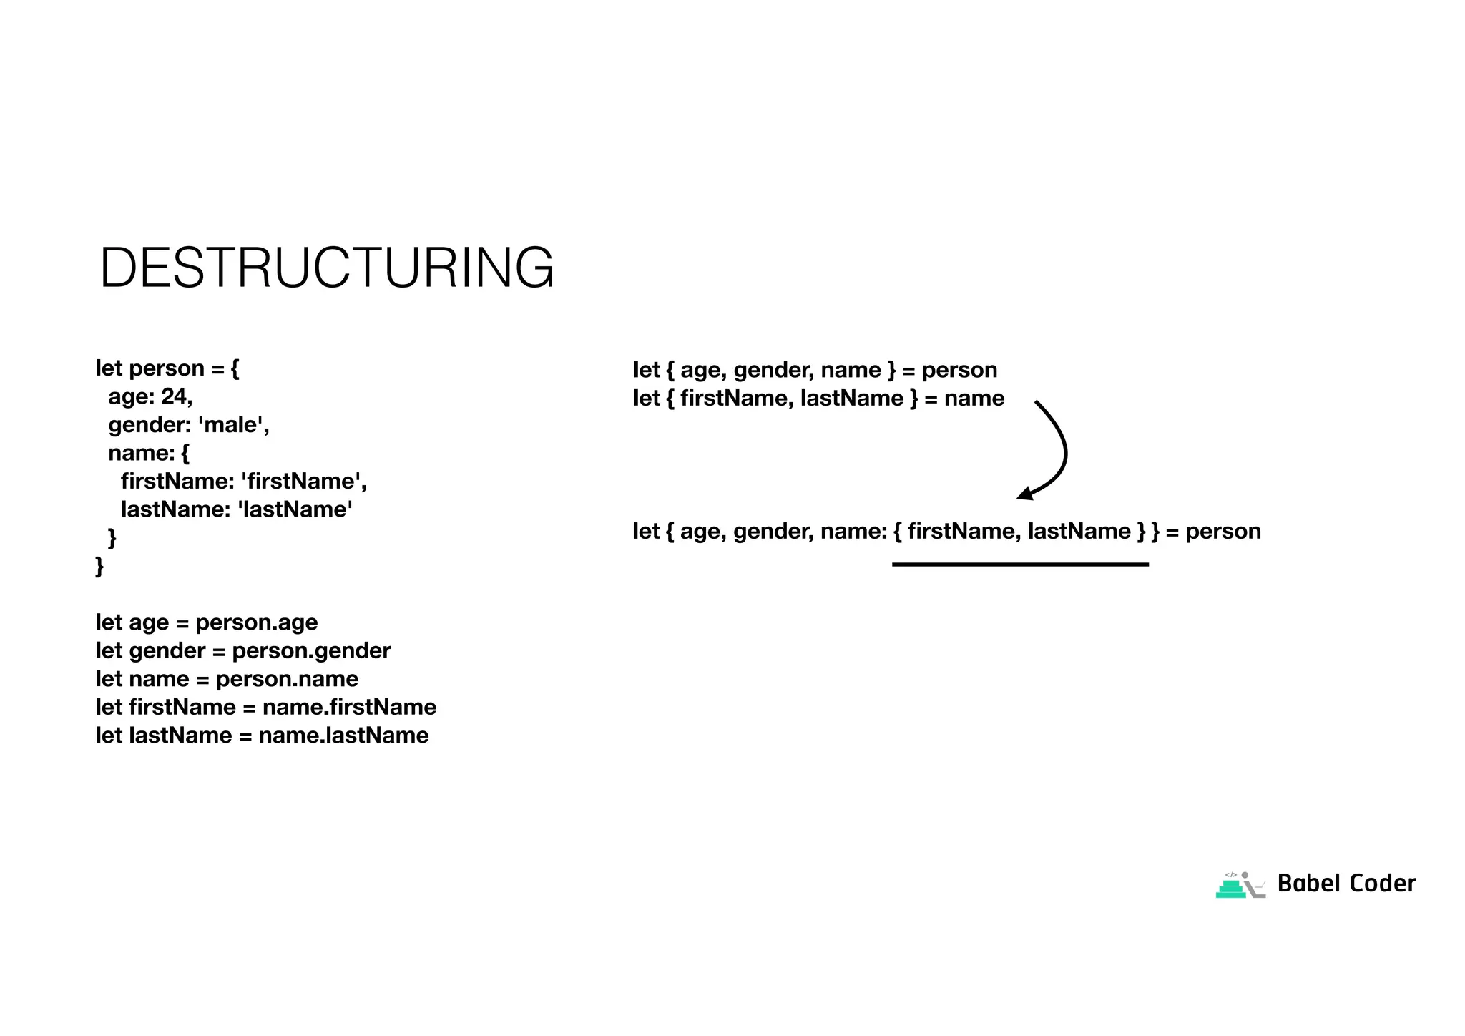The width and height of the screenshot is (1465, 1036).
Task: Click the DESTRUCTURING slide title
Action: click(327, 268)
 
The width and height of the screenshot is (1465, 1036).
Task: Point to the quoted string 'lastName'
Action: click(295, 509)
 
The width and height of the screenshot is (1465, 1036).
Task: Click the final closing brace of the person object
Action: click(99, 566)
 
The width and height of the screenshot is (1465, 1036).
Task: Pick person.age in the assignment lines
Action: click(257, 622)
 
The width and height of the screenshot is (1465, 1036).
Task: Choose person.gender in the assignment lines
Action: click(311, 651)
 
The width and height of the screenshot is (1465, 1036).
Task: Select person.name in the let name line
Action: click(287, 679)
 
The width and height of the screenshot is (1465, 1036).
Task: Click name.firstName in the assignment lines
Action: click(349, 708)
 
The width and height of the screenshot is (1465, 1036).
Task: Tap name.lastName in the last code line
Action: click(343, 736)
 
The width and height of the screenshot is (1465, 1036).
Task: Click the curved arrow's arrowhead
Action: click(1024, 494)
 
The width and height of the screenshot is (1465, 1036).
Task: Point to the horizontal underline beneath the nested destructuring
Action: click(1020, 565)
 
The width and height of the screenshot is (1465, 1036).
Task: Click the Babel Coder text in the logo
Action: click(1346, 884)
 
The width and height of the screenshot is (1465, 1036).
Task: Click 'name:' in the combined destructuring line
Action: click(853, 532)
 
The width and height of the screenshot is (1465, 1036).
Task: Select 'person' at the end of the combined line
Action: click(1223, 532)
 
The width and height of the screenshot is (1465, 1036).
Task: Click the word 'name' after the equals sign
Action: click(974, 399)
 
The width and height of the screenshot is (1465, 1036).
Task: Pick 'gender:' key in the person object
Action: click(150, 425)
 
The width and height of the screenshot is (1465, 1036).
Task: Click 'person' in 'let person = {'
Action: click(167, 368)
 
